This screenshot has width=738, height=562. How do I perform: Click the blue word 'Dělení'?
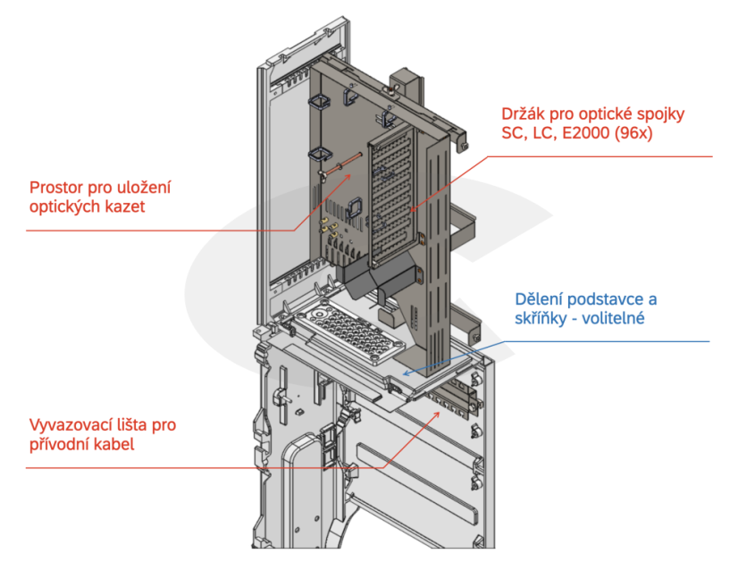click(541, 298)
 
